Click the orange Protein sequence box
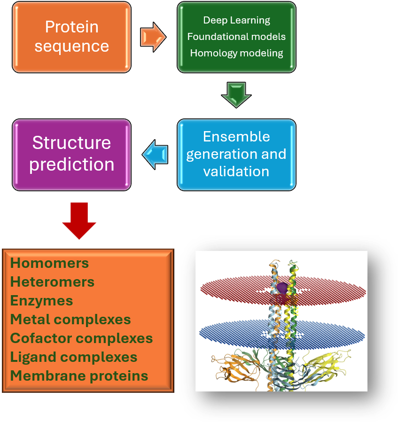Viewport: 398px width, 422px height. pyautogui.click(x=71, y=37)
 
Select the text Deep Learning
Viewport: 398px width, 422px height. pyautogui.click(x=236, y=20)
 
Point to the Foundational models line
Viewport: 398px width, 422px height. pyautogui.click(x=236, y=36)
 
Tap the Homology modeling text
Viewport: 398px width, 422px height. pyautogui.click(x=236, y=53)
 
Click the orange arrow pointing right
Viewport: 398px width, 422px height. pyautogui.click(x=153, y=37)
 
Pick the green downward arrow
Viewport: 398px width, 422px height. pyautogui.click(x=236, y=94)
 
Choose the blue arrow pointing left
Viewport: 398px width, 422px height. pyautogui.click(x=155, y=155)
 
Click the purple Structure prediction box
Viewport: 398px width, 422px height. pyautogui.click(x=71, y=154)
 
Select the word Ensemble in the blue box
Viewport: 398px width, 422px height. pyautogui.click(x=236, y=137)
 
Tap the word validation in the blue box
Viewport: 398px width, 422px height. pyautogui.click(x=236, y=171)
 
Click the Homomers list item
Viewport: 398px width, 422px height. pyautogui.click(x=49, y=263)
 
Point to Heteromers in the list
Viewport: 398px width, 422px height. pyautogui.click(x=52, y=282)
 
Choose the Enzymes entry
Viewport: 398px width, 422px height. pyautogui.click(x=41, y=301)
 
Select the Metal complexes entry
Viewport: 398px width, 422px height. pyautogui.click(x=70, y=320)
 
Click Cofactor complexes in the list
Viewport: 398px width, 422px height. pyautogui.click(x=81, y=338)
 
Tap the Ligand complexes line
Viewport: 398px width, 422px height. pyautogui.click(x=74, y=357)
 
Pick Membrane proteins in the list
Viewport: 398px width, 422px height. pyautogui.click(x=79, y=376)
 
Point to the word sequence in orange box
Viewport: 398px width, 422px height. pyautogui.click(x=71, y=46)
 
